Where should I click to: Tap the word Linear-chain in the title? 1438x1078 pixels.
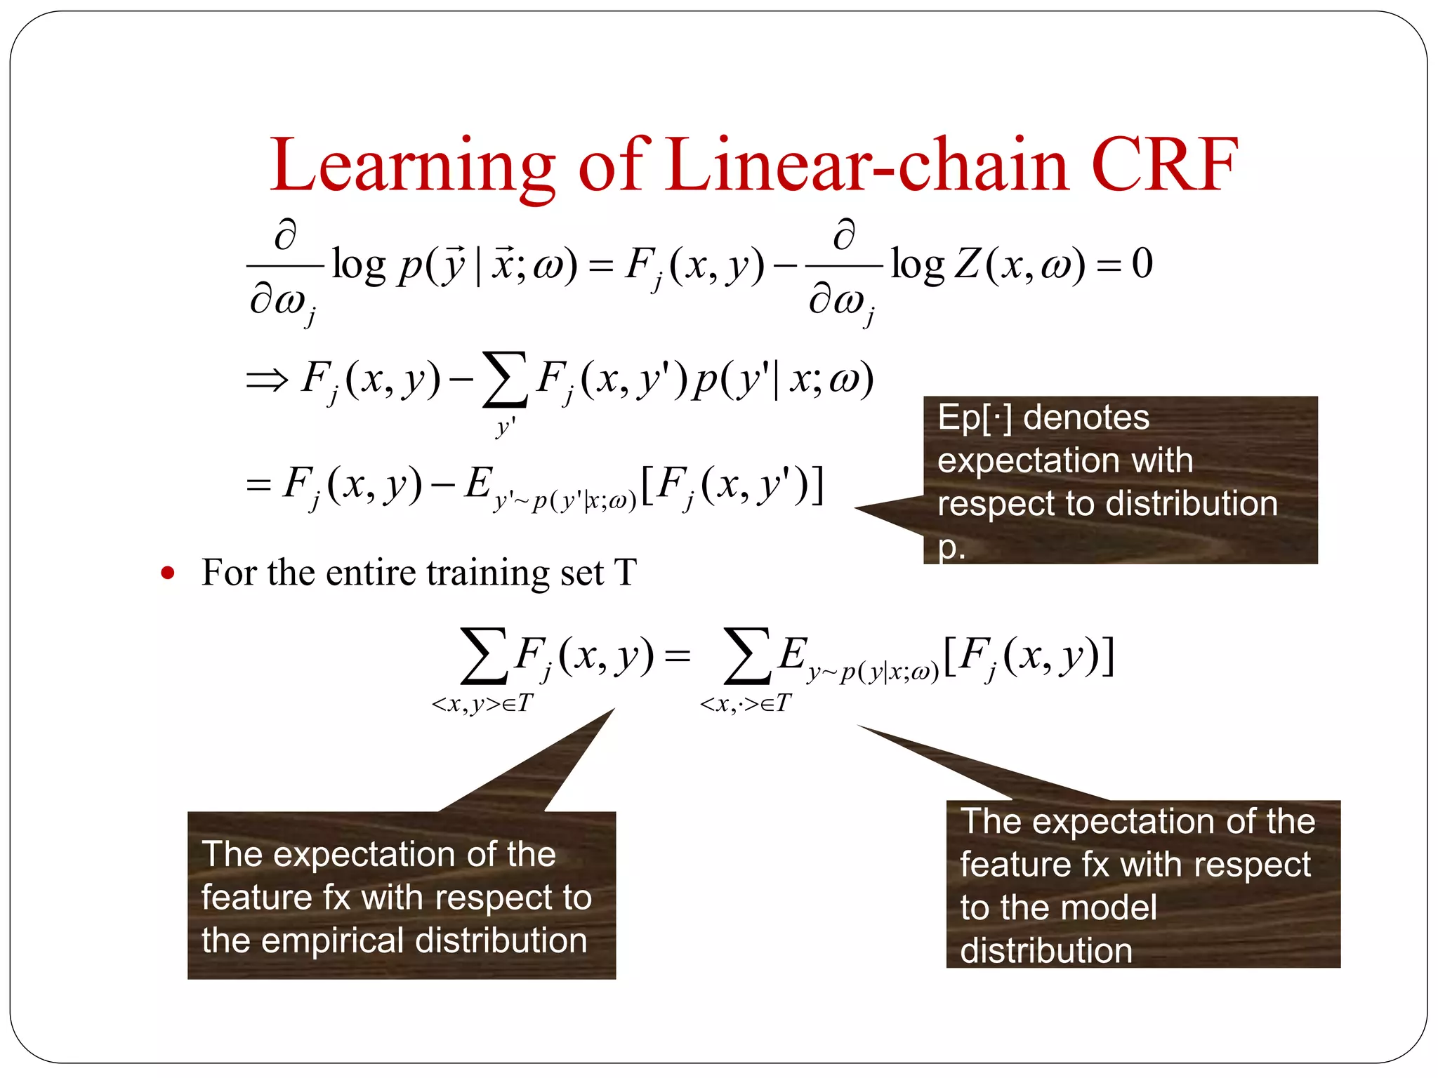pyautogui.click(x=868, y=165)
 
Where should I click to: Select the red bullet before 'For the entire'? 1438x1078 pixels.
pyautogui.click(x=167, y=573)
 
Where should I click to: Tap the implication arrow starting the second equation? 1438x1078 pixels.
pyautogui.click(x=268, y=380)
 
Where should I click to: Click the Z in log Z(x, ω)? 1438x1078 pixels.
pyautogui.click(x=968, y=265)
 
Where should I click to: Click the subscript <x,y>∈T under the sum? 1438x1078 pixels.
pyautogui.click(x=483, y=703)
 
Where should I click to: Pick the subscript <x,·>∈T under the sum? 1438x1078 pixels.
pyautogui.click(x=746, y=703)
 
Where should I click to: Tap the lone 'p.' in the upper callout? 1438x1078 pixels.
pyautogui.click(x=951, y=547)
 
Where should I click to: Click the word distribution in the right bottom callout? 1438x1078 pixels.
pyautogui.click(x=1045, y=951)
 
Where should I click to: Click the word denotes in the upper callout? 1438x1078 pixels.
pyautogui.click(x=1086, y=418)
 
